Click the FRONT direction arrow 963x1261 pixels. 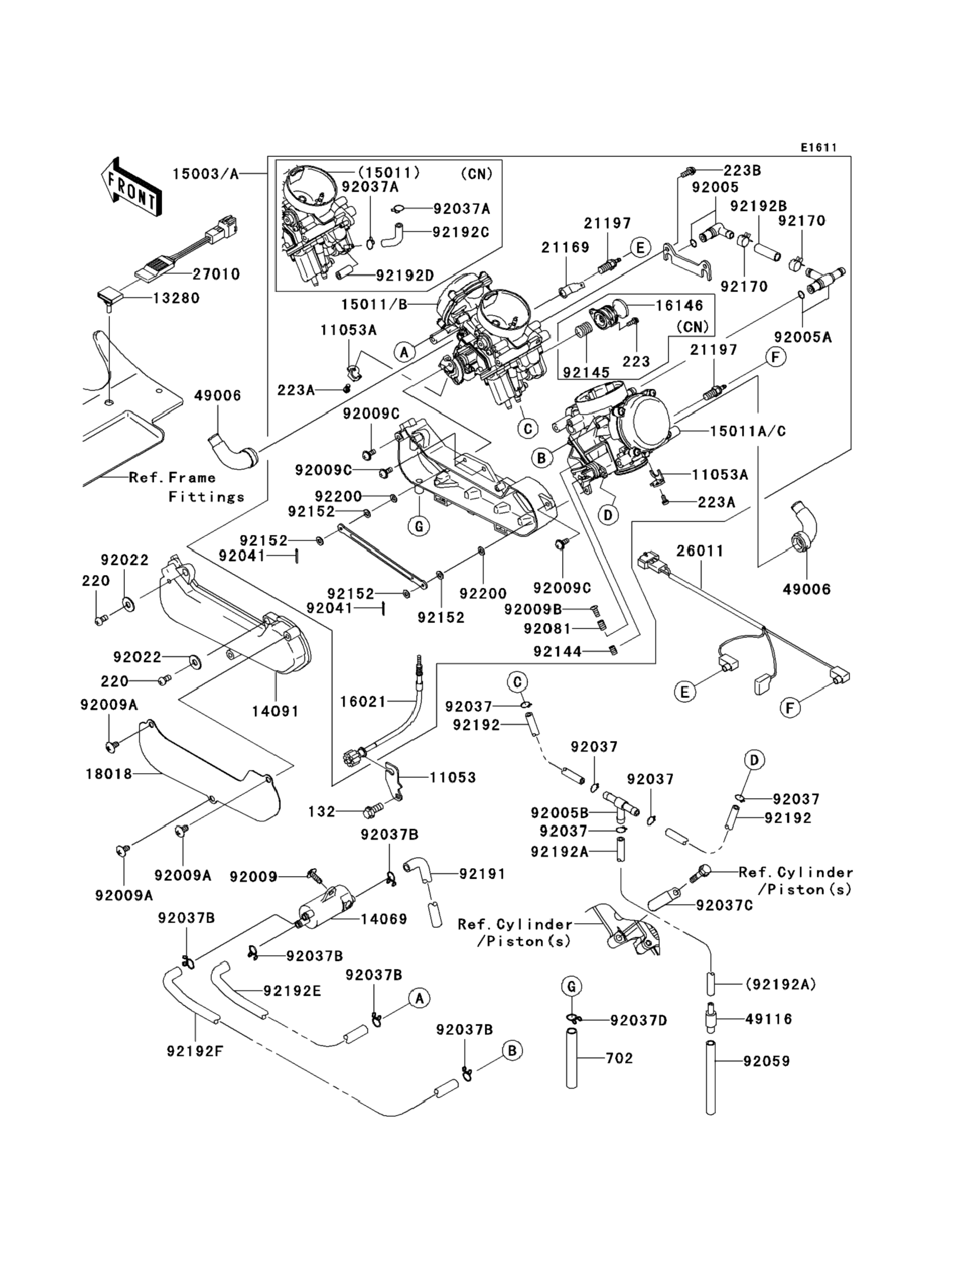point(131,187)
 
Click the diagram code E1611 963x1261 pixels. point(818,148)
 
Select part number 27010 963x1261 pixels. point(216,274)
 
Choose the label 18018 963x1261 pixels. point(109,774)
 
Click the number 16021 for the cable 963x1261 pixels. point(364,702)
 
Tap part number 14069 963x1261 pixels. point(383,919)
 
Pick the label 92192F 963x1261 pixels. point(195,1051)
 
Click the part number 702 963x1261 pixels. point(619,1058)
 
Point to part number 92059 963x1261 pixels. point(767,1061)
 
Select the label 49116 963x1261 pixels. point(768,1019)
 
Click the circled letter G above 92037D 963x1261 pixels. point(571,987)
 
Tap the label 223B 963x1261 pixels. point(742,170)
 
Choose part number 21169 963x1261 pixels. point(565,247)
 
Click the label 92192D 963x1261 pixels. point(405,275)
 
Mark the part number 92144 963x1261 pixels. point(557,651)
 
